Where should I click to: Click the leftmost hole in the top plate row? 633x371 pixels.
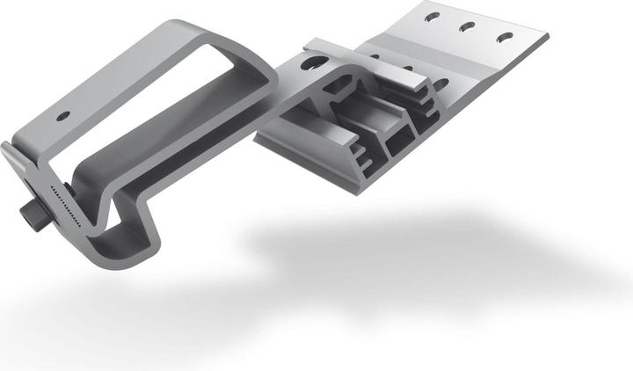pyautogui.click(x=430, y=16)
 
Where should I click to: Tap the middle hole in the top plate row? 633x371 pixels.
pyautogui.click(x=467, y=26)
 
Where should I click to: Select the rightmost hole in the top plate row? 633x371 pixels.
pyautogui.click(x=505, y=37)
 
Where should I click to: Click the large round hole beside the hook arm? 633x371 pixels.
pyautogui.click(x=309, y=62)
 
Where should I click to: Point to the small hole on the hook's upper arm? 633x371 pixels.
pyautogui.click(x=63, y=115)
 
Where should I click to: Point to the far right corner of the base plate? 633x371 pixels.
pyautogui.click(x=547, y=37)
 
